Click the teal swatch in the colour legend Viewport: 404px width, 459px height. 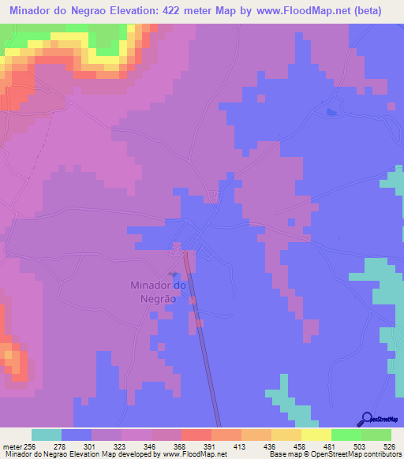(46, 435)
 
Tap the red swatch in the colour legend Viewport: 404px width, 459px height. (196, 435)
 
